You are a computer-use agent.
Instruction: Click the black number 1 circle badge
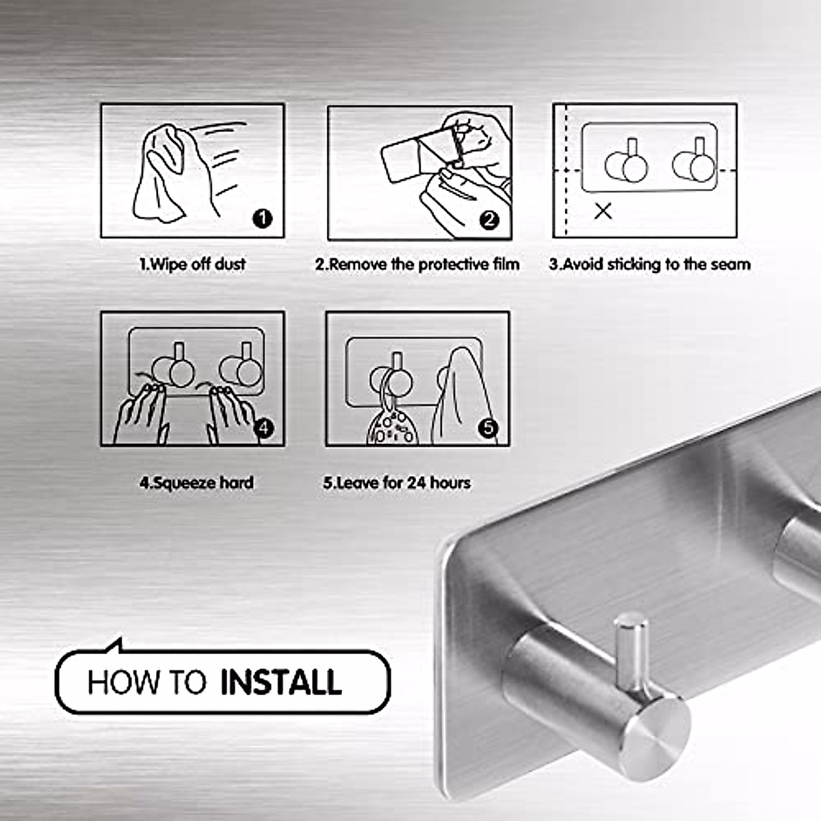(x=263, y=218)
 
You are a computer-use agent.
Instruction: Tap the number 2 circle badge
(x=489, y=220)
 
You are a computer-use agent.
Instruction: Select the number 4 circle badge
(x=263, y=428)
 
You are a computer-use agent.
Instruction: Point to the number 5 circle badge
(x=488, y=428)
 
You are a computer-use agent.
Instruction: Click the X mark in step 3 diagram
(x=603, y=211)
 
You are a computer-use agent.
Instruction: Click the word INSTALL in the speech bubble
(x=281, y=683)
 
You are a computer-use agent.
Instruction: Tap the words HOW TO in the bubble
(x=146, y=683)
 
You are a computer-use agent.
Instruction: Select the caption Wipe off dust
(x=193, y=264)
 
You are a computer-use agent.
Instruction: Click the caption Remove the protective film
(x=417, y=264)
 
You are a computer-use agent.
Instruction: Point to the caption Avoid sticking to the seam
(x=649, y=264)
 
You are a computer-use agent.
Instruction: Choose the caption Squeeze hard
(x=196, y=483)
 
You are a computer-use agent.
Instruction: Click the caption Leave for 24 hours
(x=397, y=483)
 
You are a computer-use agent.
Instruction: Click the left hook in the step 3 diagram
(x=627, y=164)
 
